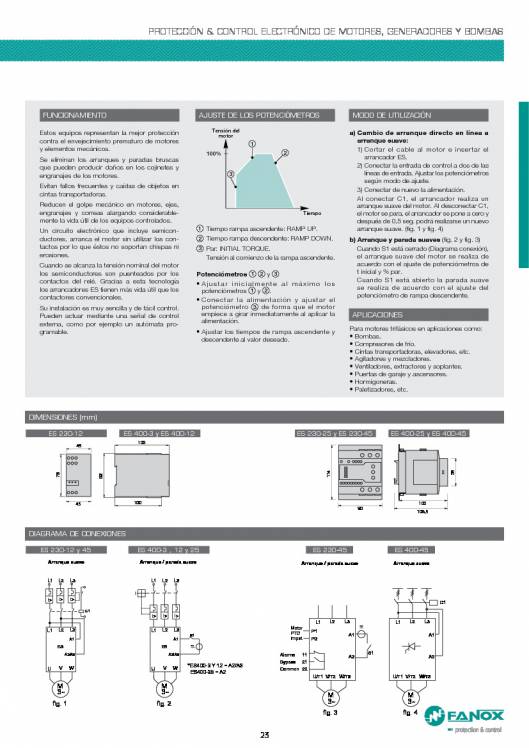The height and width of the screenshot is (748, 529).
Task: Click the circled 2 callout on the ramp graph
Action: point(285,153)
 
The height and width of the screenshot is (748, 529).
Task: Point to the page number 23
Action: point(264,738)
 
